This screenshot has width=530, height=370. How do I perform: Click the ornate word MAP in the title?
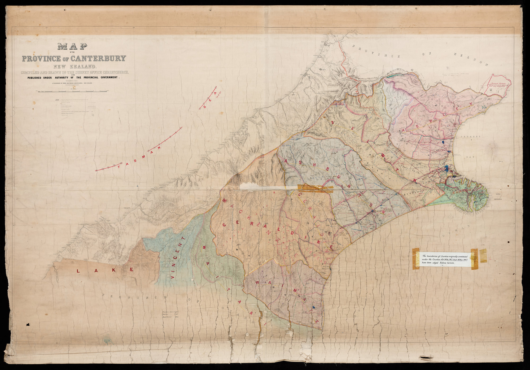[x=72, y=47]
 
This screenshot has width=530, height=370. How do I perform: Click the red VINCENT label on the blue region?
[x=177, y=261]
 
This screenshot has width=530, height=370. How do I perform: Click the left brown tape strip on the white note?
[x=416, y=259]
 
